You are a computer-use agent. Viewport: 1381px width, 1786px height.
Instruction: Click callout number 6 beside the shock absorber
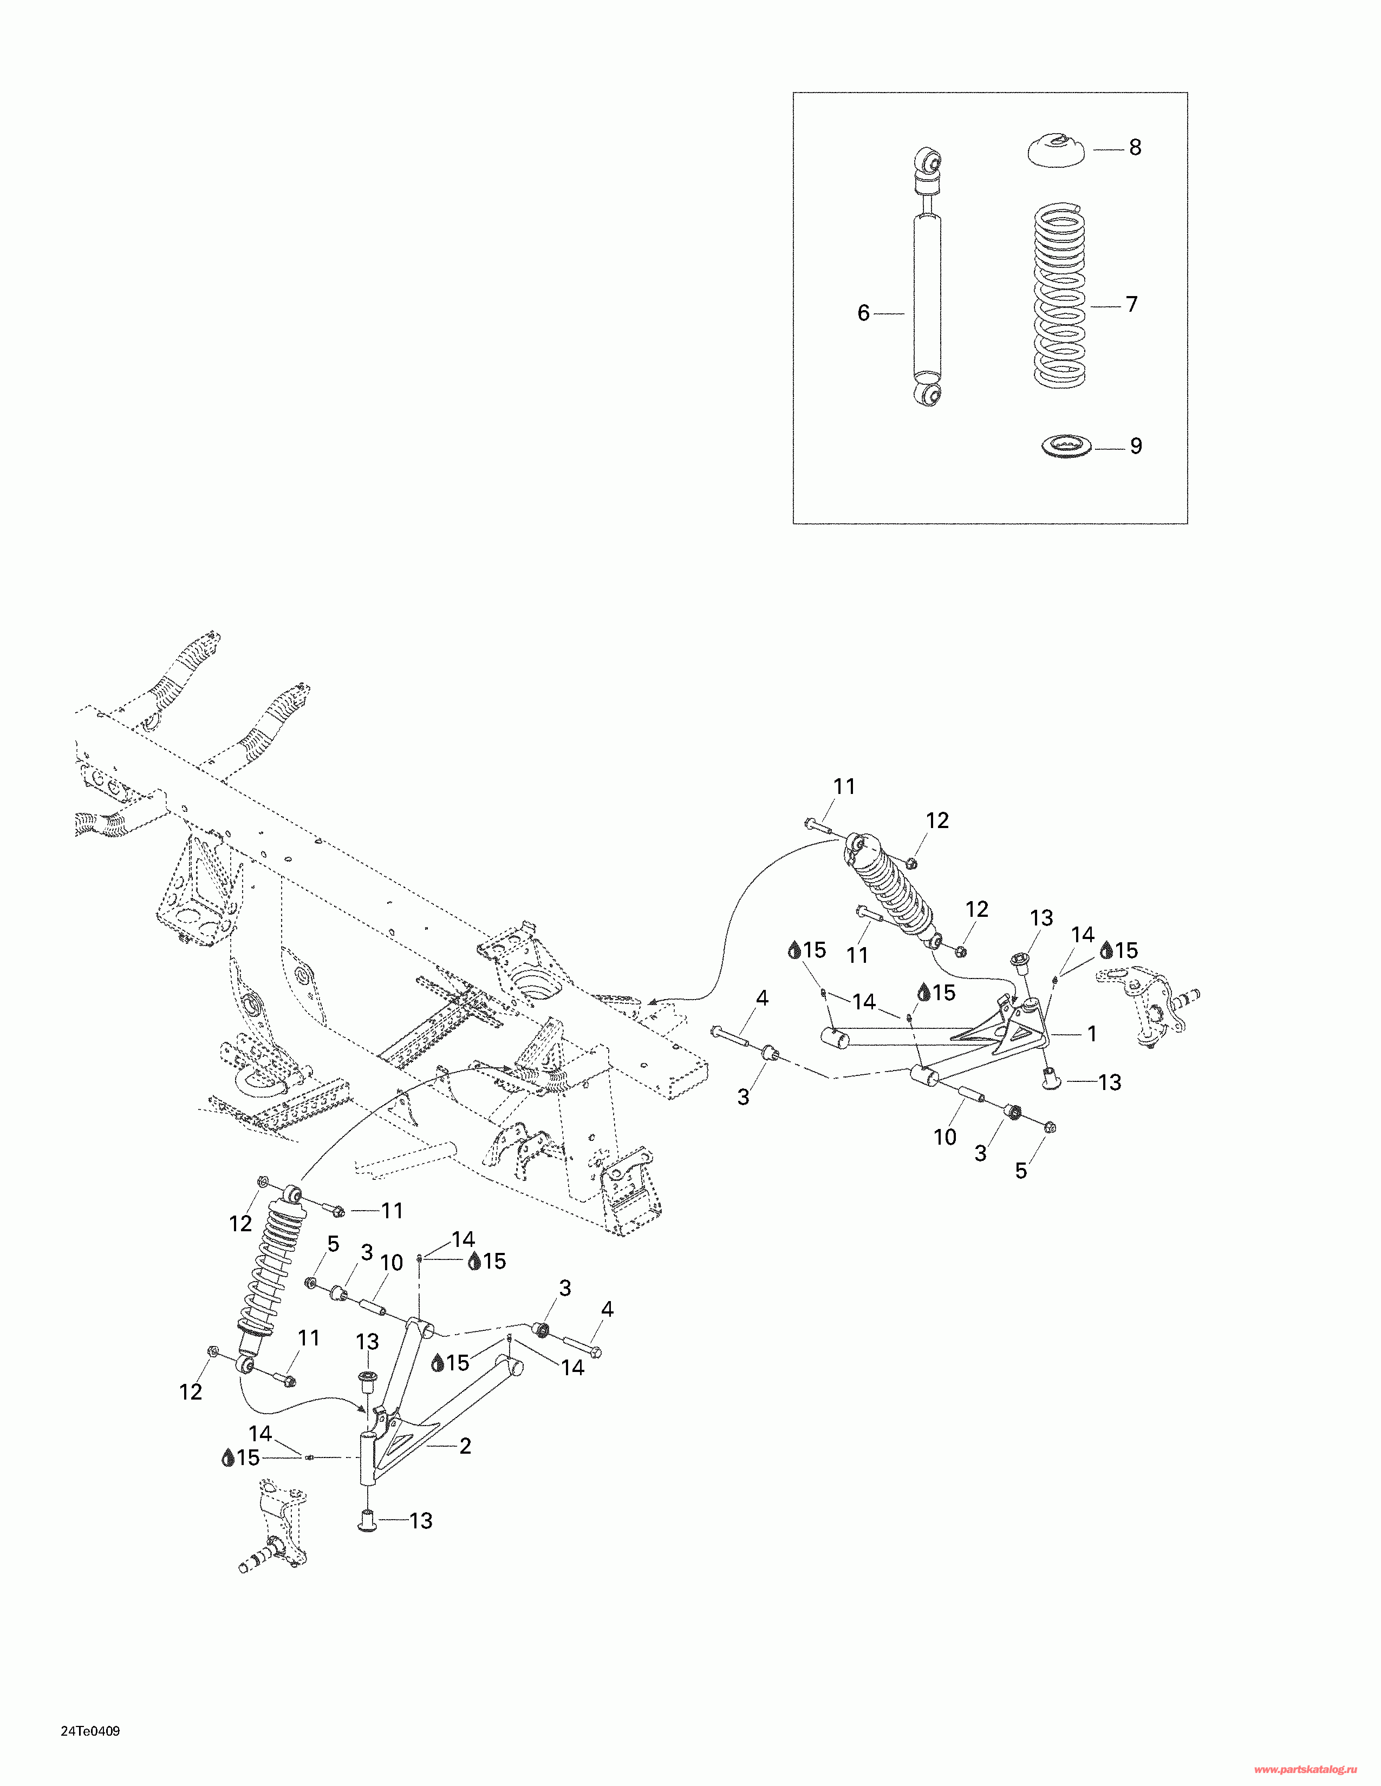(863, 313)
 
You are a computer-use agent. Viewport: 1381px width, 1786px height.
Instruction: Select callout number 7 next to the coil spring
(1131, 304)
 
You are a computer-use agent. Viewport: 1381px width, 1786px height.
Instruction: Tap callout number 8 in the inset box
(1135, 147)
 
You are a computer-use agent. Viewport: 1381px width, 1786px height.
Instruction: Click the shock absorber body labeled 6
(927, 294)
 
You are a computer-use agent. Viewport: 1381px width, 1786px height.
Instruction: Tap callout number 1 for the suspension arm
(1091, 1034)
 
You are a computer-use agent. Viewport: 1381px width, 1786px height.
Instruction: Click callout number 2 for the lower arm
(465, 1446)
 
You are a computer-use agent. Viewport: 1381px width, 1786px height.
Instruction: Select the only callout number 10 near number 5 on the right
(945, 1137)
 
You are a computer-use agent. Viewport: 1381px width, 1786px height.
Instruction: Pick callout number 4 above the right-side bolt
(761, 997)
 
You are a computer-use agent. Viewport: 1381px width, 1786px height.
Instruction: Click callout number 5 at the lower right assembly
(1020, 1170)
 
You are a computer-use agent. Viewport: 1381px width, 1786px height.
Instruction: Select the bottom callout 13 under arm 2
(420, 1520)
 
